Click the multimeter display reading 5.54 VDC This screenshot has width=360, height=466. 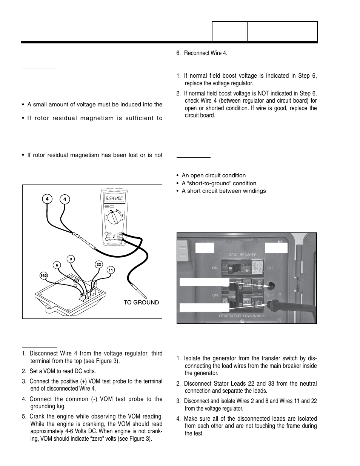(x=115, y=198)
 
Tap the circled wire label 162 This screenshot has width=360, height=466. (x=44, y=276)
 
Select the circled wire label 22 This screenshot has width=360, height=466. (x=98, y=265)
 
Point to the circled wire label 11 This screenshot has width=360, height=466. (x=111, y=270)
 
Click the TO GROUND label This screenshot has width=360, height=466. (x=141, y=302)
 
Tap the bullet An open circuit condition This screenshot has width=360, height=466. (x=213, y=175)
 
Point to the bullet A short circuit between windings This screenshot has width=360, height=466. (x=223, y=191)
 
